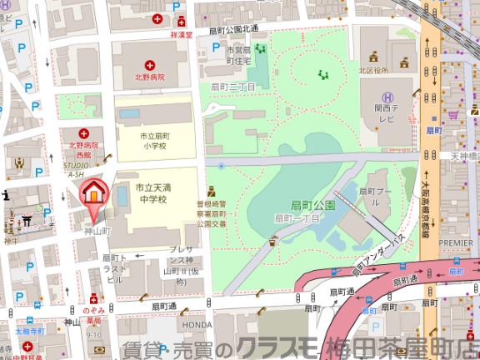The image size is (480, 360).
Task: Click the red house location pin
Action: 94,193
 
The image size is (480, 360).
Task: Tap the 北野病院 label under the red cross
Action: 150,77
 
